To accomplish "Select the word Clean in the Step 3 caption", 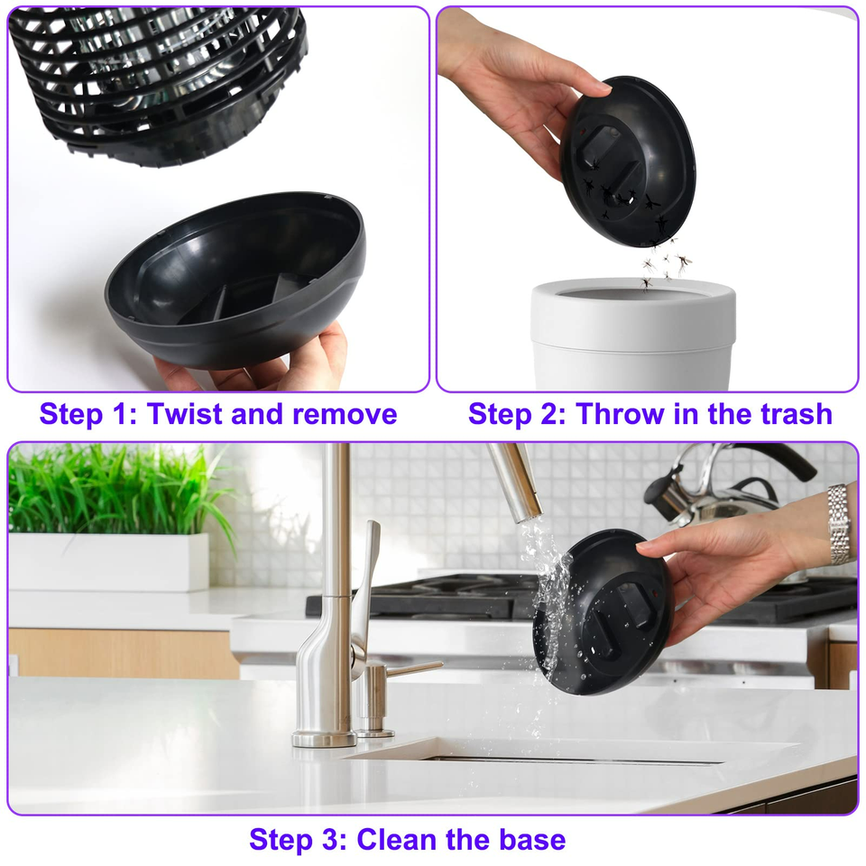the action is pos(397,840).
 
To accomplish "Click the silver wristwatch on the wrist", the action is pos(839,524).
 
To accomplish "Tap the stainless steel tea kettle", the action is pos(729,492).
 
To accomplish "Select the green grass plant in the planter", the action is pos(119,492).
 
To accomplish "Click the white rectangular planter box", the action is pos(109,562).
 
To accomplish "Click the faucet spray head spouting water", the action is pos(514,482).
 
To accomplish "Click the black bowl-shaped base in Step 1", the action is pos(235,281).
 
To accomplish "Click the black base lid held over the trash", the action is pos(628,161).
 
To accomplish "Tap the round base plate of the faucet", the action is pos(324,739).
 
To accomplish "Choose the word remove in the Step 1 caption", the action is pos(345,415).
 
